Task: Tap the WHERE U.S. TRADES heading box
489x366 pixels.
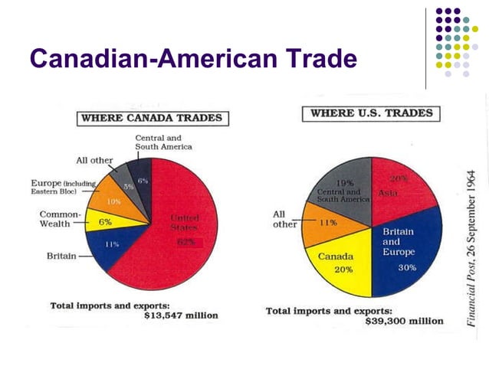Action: tap(370, 113)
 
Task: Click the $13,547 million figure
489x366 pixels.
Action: tap(181, 315)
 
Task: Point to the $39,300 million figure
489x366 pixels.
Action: tap(405, 321)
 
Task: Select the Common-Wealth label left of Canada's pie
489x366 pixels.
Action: tap(55, 219)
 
